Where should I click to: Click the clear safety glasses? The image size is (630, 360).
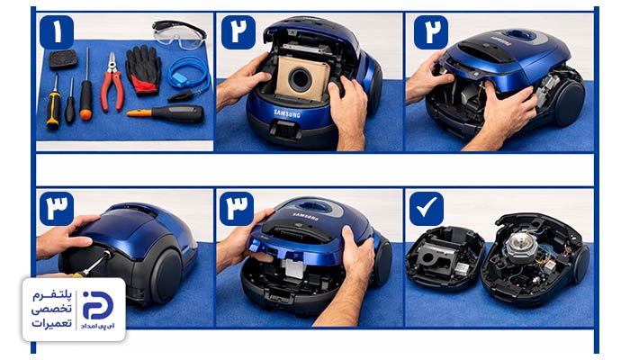[179, 35]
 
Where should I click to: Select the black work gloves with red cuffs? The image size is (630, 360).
[143, 71]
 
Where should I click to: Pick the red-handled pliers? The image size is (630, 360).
[112, 83]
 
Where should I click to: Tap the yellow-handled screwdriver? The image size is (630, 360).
[53, 103]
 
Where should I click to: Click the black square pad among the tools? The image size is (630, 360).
[63, 59]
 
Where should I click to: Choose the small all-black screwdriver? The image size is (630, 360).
[70, 103]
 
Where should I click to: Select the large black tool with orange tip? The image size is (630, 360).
[166, 113]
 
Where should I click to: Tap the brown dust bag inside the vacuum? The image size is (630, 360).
[301, 77]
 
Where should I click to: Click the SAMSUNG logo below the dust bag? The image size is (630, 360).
[287, 113]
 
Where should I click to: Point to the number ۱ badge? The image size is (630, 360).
[57, 32]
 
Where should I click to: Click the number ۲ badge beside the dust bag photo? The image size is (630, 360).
[238, 32]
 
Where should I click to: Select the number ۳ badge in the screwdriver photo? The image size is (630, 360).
[57, 209]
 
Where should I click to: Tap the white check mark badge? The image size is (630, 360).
[427, 209]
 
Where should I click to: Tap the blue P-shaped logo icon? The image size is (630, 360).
[98, 305]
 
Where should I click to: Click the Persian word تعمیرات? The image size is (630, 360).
[52, 323]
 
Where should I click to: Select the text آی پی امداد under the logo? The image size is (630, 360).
[97, 326]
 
